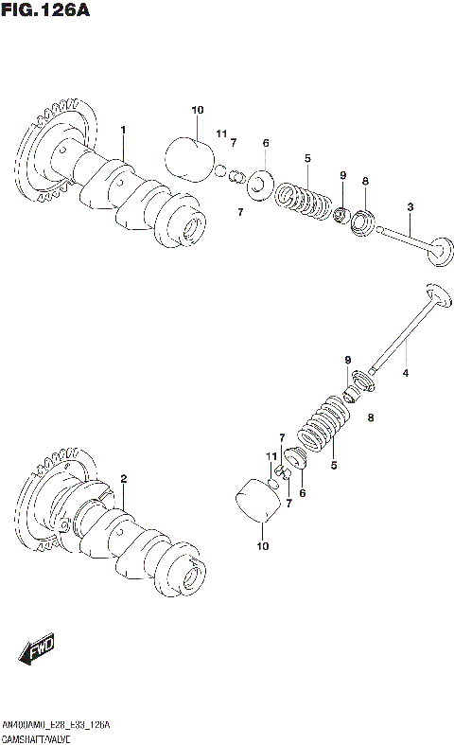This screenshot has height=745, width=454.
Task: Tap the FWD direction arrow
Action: (37, 650)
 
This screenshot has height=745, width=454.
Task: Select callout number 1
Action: (123, 129)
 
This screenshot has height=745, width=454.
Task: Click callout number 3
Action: (410, 206)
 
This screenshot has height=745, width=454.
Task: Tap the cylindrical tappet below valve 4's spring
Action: (255, 503)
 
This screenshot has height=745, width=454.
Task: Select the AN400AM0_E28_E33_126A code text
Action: (56, 724)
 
